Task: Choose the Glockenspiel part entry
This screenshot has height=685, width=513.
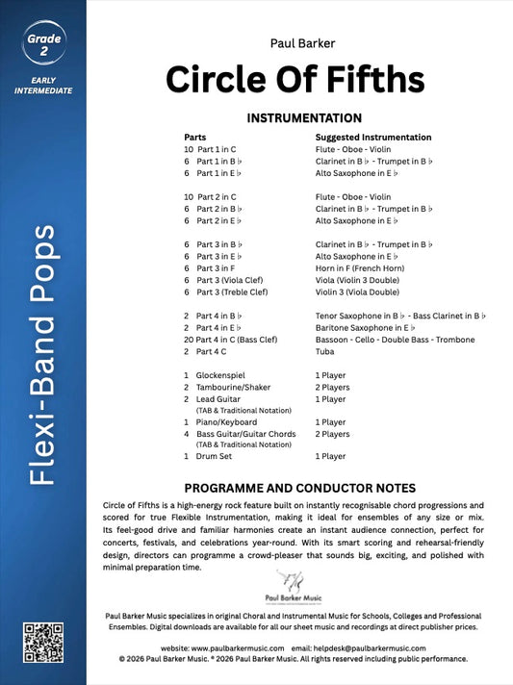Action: click(x=227, y=374)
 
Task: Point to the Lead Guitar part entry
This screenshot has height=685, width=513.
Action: click(x=220, y=397)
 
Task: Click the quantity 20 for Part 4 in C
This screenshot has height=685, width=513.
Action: click(x=189, y=340)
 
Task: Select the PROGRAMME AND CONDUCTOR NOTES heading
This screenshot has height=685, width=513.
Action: click(x=298, y=487)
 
